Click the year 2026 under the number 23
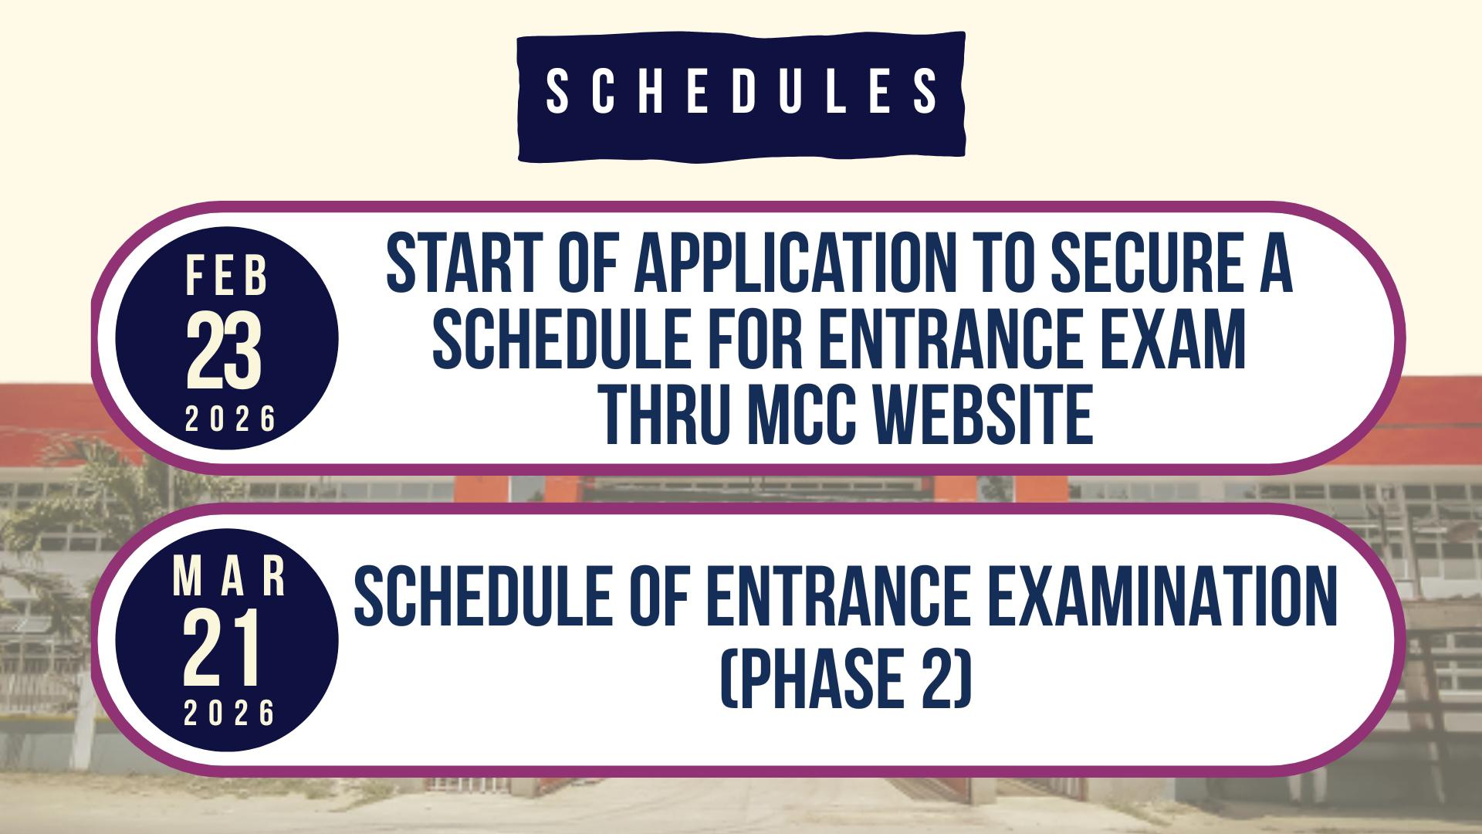coord(230,419)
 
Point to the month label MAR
coord(230,577)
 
